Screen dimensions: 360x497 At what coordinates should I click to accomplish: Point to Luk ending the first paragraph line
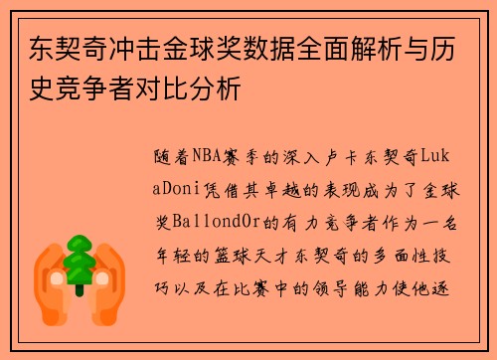click(x=438, y=156)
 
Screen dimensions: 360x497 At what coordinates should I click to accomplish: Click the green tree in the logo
click(x=79, y=264)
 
